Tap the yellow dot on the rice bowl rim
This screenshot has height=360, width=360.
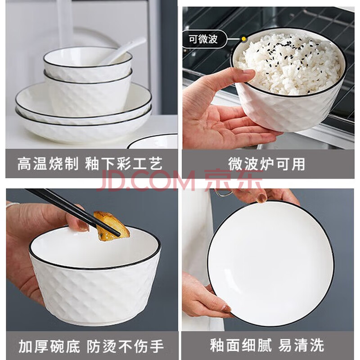pyautogui.click(x=244, y=39)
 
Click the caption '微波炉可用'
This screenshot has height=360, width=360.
pyautogui.click(x=266, y=164)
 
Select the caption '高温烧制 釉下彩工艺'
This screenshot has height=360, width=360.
pyautogui.click(x=90, y=164)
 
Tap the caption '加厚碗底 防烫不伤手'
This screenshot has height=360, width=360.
pyautogui.click(x=91, y=346)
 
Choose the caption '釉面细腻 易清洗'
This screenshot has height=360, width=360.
pyautogui.click(x=267, y=345)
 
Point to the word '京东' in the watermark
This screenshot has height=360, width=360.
pyautogui.click(x=234, y=180)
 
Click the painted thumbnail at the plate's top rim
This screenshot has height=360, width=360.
pyautogui.click(x=262, y=198)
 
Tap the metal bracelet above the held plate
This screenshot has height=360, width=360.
pyautogui.click(x=224, y=193)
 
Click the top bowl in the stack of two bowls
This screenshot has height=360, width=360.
pyautogui.click(x=88, y=63)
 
